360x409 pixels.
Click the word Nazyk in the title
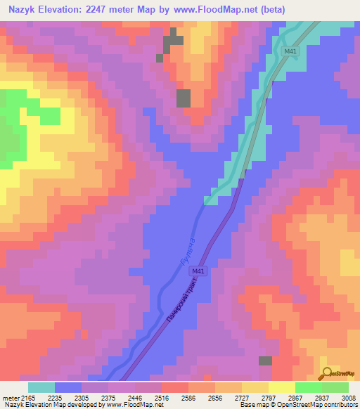pos(24,10)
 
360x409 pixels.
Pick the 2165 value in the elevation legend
pos(28,398)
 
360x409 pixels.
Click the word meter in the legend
pos(9,398)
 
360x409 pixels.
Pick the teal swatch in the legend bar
pos(41,387)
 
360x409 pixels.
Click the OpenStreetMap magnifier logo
pos(328,373)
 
